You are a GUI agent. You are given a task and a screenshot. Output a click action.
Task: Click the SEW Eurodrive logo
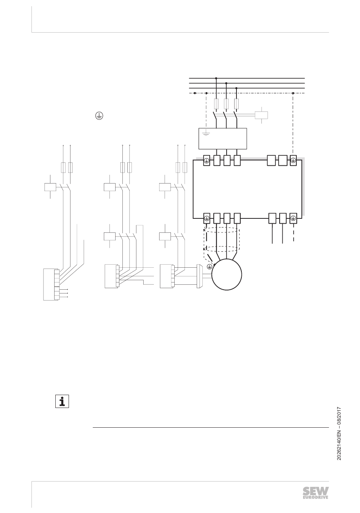pyautogui.click(x=316, y=493)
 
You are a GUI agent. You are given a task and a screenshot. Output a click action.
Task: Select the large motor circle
pyautogui.click(x=227, y=275)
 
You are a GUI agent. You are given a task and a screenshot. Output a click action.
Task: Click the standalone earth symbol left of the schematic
pyautogui.click(x=99, y=116)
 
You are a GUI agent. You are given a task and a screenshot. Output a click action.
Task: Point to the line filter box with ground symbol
pyautogui.click(x=223, y=139)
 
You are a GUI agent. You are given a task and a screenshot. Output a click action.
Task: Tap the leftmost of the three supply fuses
pyautogui.click(x=216, y=104)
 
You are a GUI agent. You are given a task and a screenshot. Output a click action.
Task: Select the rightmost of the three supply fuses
pyautogui.click(x=236, y=104)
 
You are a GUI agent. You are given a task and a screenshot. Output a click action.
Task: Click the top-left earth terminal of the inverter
pyautogui.click(x=207, y=161)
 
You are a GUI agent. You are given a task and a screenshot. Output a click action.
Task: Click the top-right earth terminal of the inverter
pyautogui.click(x=293, y=161)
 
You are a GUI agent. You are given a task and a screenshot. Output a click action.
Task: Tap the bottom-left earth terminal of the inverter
pyautogui.click(x=207, y=218)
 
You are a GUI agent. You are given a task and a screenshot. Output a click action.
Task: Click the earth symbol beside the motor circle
pyautogui.click(x=209, y=267)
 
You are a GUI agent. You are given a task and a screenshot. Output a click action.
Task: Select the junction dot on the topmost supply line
pyautogui.click(x=216, y=78)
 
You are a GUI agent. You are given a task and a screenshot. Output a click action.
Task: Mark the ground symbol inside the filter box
pyautogui.click(x=206, y=133)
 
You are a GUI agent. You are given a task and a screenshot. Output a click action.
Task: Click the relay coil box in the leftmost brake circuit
pyautogui.click(x=50, y=187)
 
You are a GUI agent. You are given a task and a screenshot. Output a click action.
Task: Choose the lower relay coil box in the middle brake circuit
pyautogui.click(x=109, y=236)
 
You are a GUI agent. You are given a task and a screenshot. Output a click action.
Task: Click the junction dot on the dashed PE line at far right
pyautogui.click(x=293, y=93)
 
